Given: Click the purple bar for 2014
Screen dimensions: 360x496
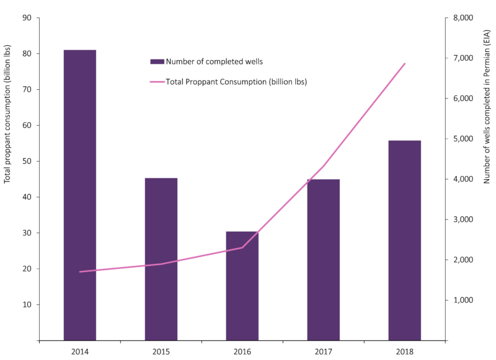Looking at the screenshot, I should click(x=79, y=195).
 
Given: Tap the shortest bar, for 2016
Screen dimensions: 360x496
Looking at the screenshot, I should click(x=242, y=286).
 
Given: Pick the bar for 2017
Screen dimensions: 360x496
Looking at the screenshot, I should click(x=323, y=260).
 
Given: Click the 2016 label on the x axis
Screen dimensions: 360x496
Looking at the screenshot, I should click(x=242, y=352).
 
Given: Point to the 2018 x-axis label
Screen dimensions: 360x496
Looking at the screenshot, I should click(x=404, y=352).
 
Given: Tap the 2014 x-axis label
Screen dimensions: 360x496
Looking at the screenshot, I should click(x=79, y=352).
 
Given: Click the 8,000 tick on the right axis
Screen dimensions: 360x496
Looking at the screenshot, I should click(x=463, y=18).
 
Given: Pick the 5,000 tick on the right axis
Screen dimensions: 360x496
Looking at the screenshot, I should click(x=463, y=139).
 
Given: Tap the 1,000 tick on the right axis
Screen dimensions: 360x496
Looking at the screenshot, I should click(x=463, y=301).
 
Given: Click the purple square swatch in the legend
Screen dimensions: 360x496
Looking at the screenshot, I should click(x=157, y=61).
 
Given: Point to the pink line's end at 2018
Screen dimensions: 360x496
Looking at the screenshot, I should click(x=404, y=63).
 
